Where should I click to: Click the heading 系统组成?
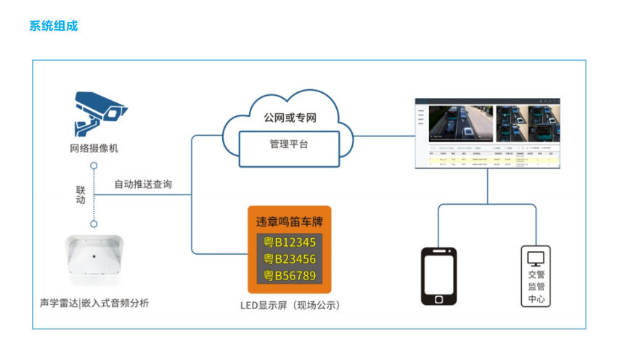coord(53,26)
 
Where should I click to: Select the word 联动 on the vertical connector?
coord(81,195)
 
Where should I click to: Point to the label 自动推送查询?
coord(143,184)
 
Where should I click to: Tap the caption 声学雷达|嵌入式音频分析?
coord(94,303)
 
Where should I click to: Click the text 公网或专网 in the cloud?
coord(290,117)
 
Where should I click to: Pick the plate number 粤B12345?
coord(289,242)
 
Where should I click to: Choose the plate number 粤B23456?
coord(289,258)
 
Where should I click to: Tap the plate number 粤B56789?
coord(289,275)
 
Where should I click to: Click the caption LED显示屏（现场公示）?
coord(290,305)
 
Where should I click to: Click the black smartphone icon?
coord(439,277)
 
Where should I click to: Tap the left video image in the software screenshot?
coord(460,123)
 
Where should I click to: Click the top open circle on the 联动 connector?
coord(94,166)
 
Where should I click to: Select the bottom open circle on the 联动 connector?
coord(94,224)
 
